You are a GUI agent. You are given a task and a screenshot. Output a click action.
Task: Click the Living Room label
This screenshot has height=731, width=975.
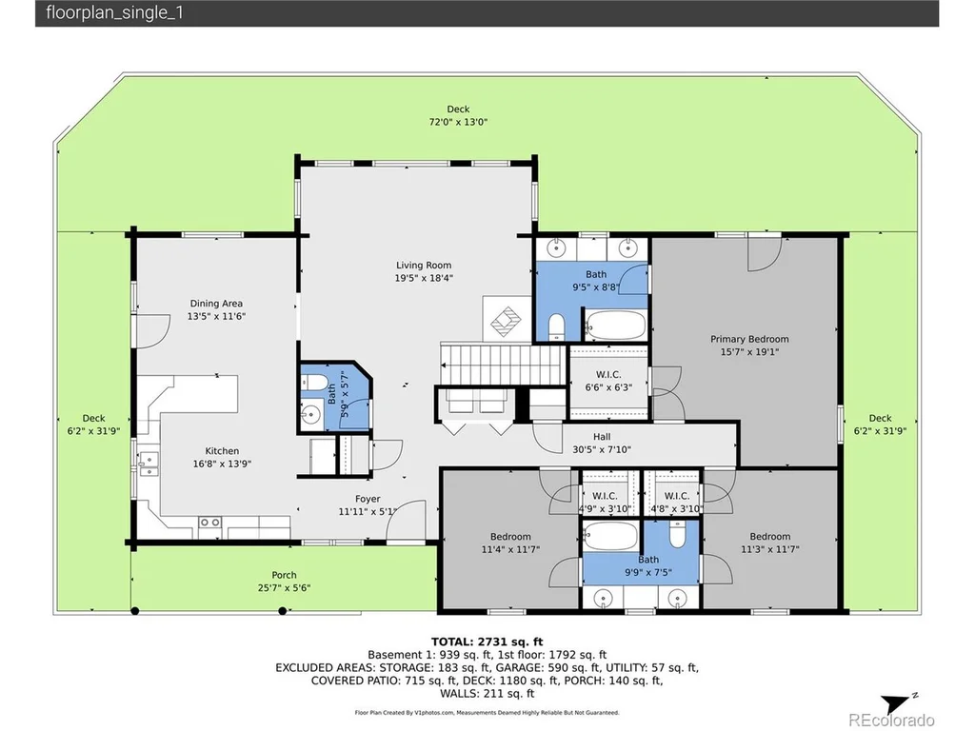pyautogui.click(x=424, y=266)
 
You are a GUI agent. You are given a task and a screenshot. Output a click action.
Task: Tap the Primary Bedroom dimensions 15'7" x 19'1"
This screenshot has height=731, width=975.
pyautogui.click(x=749, y=352)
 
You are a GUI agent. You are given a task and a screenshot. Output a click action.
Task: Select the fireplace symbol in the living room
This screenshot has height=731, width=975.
pyautogui.click(x=507, y=320)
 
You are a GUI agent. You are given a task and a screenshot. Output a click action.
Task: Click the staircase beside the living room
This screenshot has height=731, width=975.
pyautogui.click(x=503, y=365)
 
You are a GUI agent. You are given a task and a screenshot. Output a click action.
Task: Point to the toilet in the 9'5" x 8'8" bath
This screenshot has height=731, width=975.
pyautogui.click(x=556, y=327)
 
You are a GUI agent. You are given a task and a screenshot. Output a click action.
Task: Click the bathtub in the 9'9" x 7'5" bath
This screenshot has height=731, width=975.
pyautogui.click(x=610, y=536)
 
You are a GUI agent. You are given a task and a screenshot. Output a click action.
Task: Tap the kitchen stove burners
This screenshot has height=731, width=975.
pyautogui.click(x=209, y=523)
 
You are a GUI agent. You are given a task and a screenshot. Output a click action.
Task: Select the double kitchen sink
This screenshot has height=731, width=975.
pyautogui.click(x=148, y=464)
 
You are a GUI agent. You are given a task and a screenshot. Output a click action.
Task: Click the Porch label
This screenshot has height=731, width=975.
pyautogui.click(x=284, y=575)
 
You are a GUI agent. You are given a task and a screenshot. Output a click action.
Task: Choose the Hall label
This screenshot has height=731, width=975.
pyautogui.click(x=602, y=437)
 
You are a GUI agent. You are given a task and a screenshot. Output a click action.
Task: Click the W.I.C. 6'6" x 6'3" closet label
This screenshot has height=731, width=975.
pyautogui.click(x=608, y=375)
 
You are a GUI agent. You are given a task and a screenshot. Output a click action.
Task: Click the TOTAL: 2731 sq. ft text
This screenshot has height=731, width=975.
pyautogui.click(x=487, y=642)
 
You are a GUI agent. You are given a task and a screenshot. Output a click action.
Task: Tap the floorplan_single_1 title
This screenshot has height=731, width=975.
pyautogui.click(x=114, y=13)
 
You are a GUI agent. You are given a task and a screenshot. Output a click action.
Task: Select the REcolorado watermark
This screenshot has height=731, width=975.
pyautogui.click(x=891, y=720)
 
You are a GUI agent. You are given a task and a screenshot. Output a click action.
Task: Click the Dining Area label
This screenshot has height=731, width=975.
pyautogui.click(x=216, y=304)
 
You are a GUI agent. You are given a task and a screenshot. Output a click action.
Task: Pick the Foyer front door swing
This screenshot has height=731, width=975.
pyautogui.click(x=407, y=520)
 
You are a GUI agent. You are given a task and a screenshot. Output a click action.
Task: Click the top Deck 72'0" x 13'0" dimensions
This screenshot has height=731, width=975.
pyautogui.click(x=458, y=123)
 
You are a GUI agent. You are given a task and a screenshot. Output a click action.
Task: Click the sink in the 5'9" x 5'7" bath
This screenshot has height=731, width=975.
pyautogui.click(x=309, y=414)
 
